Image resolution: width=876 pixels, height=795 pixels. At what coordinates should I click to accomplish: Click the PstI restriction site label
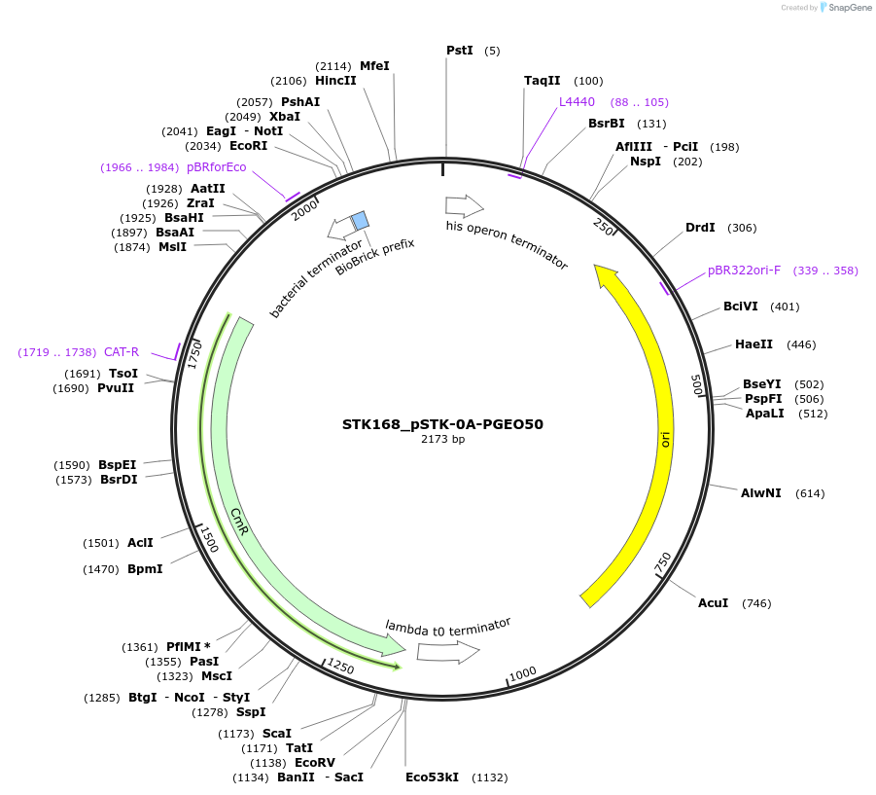point(459,50)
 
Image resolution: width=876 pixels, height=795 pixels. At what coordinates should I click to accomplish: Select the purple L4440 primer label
point(577,101)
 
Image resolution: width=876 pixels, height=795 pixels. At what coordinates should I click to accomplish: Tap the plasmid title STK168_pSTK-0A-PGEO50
point(442,424)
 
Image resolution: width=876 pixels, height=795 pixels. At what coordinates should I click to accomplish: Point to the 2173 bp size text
point(442,440)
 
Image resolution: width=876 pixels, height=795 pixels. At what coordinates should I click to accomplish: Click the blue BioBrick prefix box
point(360,220)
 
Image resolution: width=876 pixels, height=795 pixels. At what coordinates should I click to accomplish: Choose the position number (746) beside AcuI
point(756,603)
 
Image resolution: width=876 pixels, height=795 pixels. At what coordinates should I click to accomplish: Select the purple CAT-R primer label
point(122,351)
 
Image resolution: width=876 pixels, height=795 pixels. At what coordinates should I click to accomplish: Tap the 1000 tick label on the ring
point(523,672)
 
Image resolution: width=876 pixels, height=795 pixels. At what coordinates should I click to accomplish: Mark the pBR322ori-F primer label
point(744,270)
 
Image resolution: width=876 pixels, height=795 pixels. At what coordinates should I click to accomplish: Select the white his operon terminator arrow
point(464,205)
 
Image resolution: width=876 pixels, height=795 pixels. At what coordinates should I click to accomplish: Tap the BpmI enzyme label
point(145,568)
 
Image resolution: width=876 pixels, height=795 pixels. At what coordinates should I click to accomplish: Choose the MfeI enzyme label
point(374,65)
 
